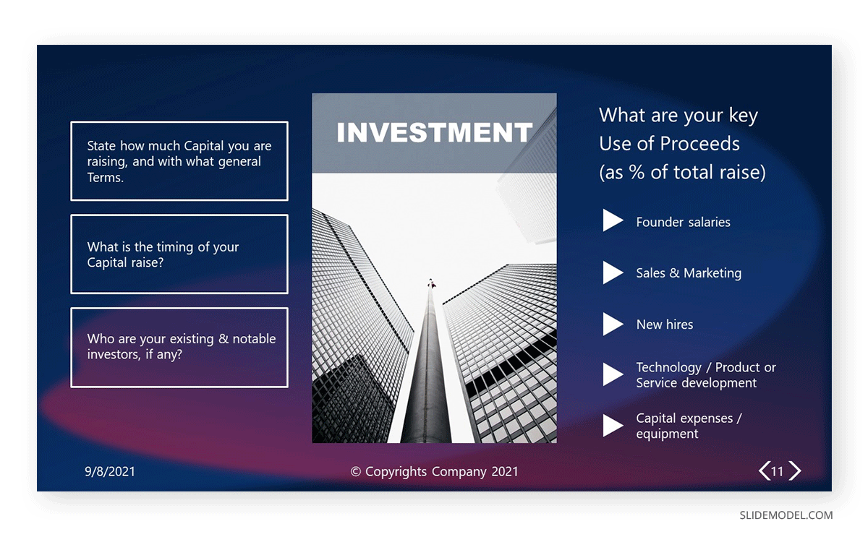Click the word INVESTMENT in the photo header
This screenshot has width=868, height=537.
click(x=435, y=132)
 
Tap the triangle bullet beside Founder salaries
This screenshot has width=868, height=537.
click(x=612, y=220)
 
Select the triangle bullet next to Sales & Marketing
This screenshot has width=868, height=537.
click(x=612, y=272)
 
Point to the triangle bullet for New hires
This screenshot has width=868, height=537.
click(x=612, y=324)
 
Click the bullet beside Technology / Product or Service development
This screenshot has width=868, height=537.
click(x=612, y=374)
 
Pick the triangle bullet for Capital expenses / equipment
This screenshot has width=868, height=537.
click(x=612, y=426)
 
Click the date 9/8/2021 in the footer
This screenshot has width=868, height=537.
click(x=110, y=471)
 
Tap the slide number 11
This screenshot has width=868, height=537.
click(x=777, y=471)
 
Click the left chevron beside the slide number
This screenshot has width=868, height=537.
click(x=764, y=471)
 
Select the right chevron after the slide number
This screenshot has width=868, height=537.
click(x=795, y=471)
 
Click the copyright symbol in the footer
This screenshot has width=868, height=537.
click(x=355, y=471)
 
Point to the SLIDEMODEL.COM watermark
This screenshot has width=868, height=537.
click(x=786, y=515)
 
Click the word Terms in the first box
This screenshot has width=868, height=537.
click(x=105, y=177)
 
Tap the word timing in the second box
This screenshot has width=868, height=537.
click(x=174, y=247)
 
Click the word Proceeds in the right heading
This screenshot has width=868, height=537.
click(x=700, y=144)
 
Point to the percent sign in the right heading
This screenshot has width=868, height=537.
click(x=637, y=172)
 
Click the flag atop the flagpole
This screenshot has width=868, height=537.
click(x=431, y=284)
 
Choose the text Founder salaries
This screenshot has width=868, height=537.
click(x=683, y=222)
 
